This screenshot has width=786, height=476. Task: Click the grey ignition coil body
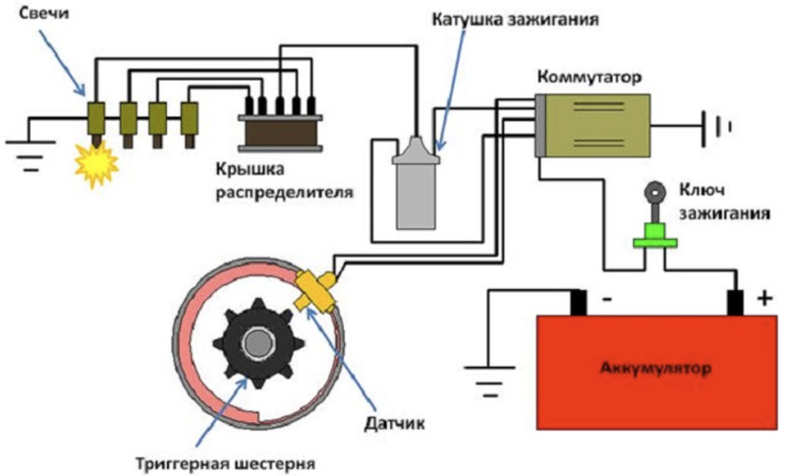[415, 192]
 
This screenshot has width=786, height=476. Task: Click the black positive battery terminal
[735, 303]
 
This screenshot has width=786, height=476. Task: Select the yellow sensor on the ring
[314, 287]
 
